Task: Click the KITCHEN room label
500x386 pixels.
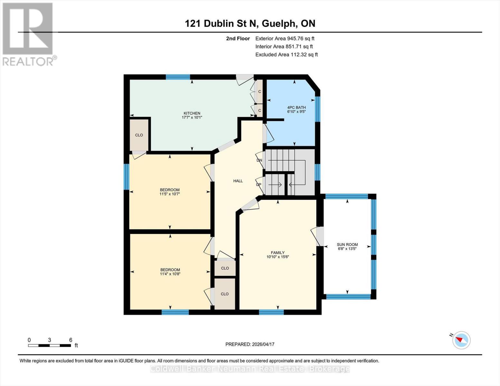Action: (x=192, y=113)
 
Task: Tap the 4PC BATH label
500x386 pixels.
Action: (x=296, y=108)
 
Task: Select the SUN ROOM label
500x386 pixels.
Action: (x=347, y=244)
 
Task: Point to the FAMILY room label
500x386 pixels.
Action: (x=278, y=253)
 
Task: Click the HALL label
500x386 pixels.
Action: (x=238, y=181)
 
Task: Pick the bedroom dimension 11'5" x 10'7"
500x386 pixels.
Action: (x=170, y=194)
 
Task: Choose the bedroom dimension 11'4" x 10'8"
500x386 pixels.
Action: (x=170, y=274)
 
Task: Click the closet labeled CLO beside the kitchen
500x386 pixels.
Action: (x=139, y=135)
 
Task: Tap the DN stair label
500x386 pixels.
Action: (x=259, y=160)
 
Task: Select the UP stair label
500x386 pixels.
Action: (x=259, y=185)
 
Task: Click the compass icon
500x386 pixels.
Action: (x=461, y=340)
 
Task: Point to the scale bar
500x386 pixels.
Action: (x=50, y=345)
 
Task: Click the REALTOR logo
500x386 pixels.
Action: (x=28, y=34)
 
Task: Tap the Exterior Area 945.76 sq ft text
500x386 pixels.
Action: (x=285, y=38)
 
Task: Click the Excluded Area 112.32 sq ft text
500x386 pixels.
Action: (x=286, y=55)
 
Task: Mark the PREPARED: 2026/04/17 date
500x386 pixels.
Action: (x=250, y=344)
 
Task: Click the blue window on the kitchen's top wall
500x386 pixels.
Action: (x=178, y=77)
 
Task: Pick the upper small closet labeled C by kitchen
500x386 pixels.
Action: (x=259, y=92)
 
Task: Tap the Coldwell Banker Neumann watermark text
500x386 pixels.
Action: (x=250, y=369)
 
